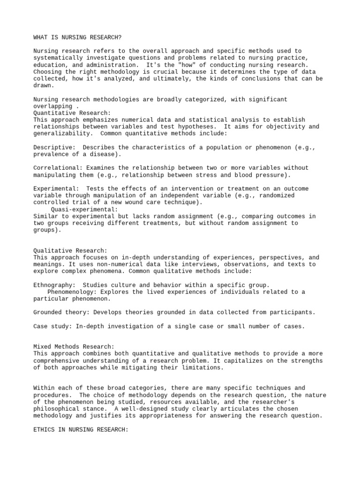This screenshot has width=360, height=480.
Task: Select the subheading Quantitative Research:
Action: coord(72,113)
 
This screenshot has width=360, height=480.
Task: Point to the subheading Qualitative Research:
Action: coord(70,251)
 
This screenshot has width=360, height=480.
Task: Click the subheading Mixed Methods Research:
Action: coord(74,347)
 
